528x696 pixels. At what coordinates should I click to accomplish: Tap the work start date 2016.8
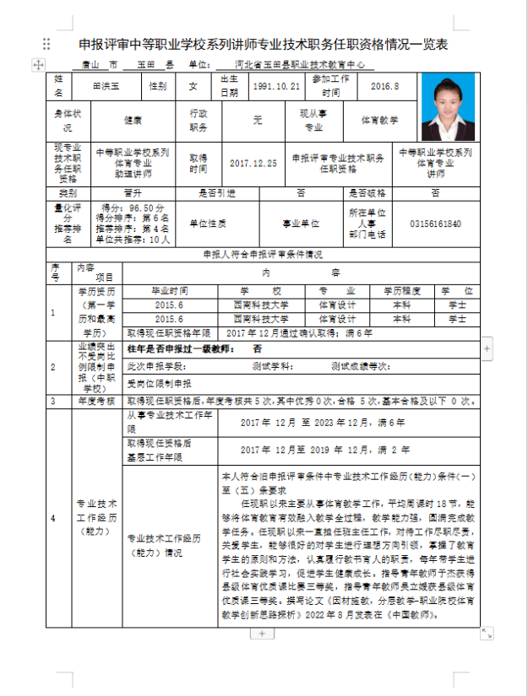pos(384,86)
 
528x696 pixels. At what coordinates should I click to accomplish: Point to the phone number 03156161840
pos(435,224)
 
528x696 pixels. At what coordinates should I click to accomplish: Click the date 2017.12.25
pos(253,163)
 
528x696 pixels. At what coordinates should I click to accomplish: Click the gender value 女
pos(193,86)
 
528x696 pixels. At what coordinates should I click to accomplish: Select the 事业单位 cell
pos(301,224)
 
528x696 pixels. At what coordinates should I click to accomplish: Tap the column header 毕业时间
pos(169,289)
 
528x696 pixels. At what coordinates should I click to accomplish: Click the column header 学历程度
pos(401,289)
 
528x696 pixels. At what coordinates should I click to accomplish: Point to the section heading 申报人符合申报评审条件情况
pos(263,253)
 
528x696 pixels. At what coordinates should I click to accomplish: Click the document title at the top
pos(263,44)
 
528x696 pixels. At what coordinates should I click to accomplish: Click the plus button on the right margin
pos(487,348)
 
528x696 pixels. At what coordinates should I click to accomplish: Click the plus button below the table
pos(263,633)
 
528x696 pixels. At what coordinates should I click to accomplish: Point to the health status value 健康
pos(133,121)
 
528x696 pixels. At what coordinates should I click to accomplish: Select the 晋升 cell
pos(133,192)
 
